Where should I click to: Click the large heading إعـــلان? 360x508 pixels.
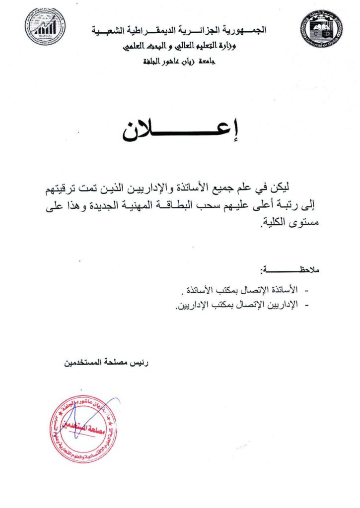[180, 130]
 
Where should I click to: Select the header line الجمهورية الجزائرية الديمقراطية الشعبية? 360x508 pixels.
[179, 31]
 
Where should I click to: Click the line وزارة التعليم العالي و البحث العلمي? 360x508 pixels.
[180, 47]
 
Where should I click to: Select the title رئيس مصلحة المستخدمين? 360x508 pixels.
[106, 363]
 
